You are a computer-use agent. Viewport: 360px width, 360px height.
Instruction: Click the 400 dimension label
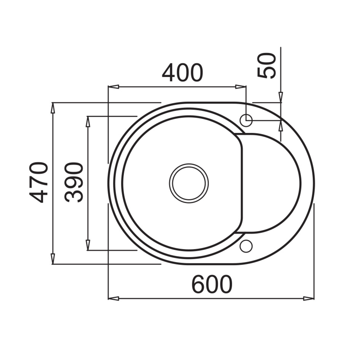[x=183, y=73]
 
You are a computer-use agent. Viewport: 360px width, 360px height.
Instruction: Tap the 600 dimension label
[x=212, y=284]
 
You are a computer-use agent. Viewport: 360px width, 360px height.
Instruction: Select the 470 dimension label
[x=39, y=183]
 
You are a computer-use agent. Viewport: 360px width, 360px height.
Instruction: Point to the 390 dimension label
[x=74, y=183]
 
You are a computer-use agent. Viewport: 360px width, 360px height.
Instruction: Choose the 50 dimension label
[x=266, y=66]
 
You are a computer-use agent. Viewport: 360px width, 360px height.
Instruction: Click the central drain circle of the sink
[x=189, y=183]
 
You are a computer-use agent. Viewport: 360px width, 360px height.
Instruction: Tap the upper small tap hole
[x=246, y=120]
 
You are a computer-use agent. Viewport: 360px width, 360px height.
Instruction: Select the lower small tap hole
[x=246, y=246]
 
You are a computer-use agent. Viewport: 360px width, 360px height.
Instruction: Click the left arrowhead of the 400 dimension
[x=114, y=87]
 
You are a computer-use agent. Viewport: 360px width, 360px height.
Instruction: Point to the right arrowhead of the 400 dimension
[x=241, y=87]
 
